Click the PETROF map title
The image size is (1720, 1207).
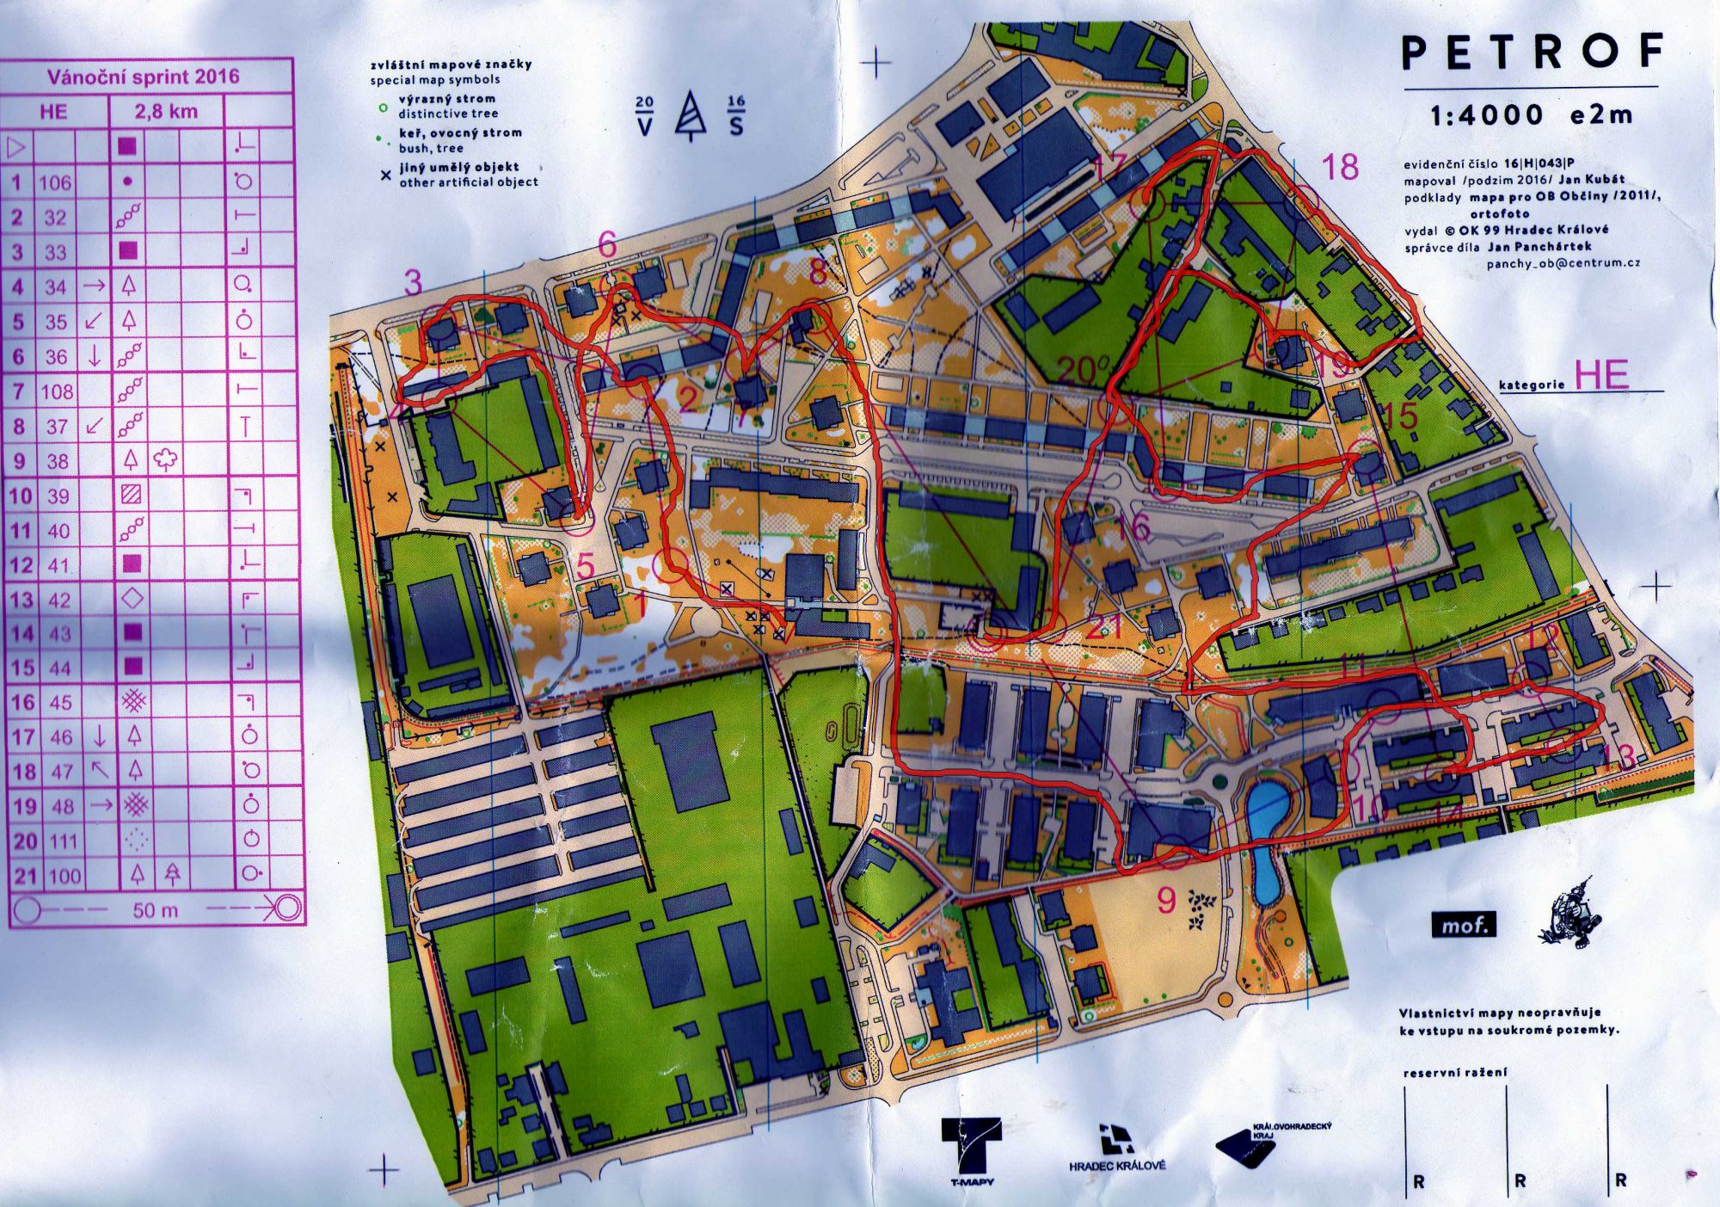click(x=1532, y=52)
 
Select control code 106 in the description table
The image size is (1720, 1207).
click(x=55, y=182)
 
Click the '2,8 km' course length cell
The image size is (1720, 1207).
click(x=165, y=112)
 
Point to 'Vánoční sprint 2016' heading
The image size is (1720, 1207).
click(x=143, y=77)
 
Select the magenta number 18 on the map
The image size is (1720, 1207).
click(x=1339, y=167)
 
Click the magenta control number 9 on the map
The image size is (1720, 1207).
click(x=1165, y=900)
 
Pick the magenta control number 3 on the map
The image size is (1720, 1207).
click(x=414, y=282)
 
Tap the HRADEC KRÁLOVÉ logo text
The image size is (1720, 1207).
click(x=1117, y=1166)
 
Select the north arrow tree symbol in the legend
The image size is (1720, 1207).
click(x=690, y=115)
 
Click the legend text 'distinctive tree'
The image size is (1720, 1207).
click(x=447, y=114)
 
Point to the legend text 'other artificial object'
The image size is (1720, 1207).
click(x=469, y=182)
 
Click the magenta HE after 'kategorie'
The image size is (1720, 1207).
click(x=1600, y=375)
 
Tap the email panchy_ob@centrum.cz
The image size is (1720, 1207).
click(x=1563, y=263)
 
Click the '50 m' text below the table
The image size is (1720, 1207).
click(x=155, y=909)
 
